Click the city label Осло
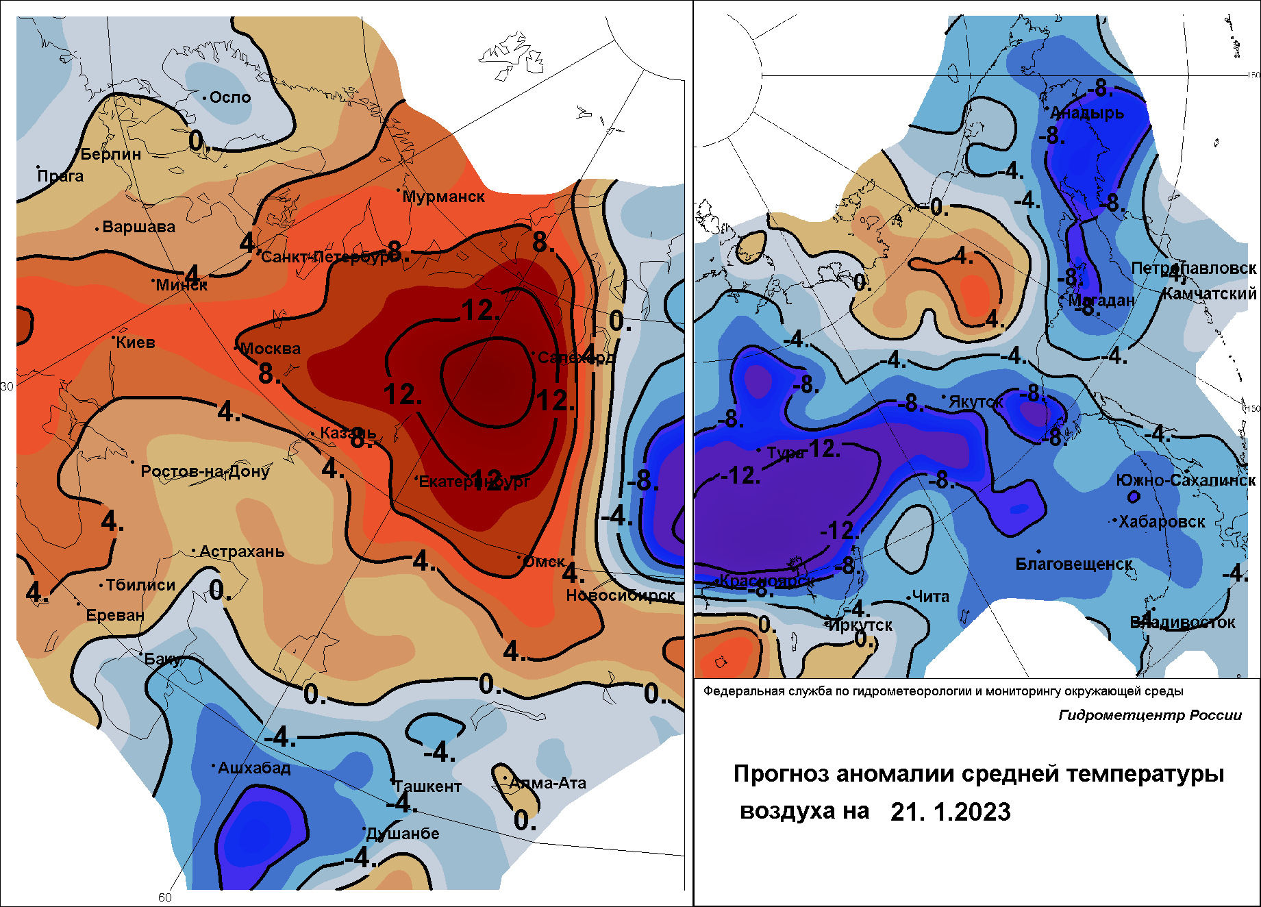[230, 97]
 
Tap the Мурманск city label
[443, 197]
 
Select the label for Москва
[271, 349]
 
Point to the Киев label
[136, 343]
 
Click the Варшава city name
[138, 227]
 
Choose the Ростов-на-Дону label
[205, 471]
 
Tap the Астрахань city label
[242, 551]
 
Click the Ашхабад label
[254, 768]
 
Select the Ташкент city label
[427, 786]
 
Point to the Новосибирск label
[621, 595]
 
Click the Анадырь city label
[1087, 113]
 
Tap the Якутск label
[975, 402]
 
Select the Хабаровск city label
[1162, 521]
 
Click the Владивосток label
[1182, 623]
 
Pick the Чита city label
[931, 597]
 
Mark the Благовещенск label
[1074, 564]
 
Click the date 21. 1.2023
[950, 812]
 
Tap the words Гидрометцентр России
[1150, 715]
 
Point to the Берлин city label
[111, 154]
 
